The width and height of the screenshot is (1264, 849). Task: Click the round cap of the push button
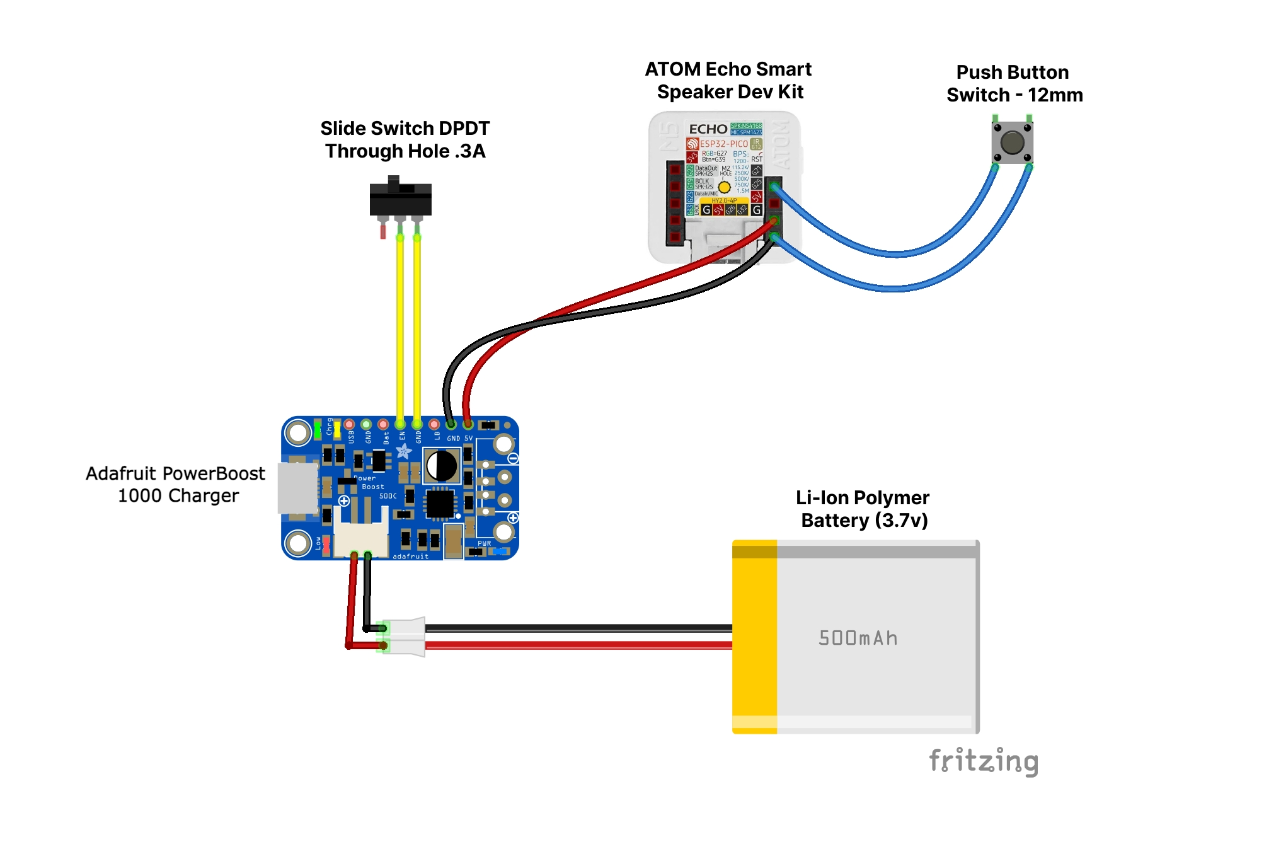(1012, 142)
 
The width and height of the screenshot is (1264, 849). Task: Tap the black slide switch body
(400, 200)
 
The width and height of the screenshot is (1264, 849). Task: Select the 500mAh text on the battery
(858, 638)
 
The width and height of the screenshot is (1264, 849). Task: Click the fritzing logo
(983, 761)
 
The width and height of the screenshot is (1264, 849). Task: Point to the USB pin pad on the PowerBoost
(349, 425)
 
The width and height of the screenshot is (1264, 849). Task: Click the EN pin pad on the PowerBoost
(400, 425)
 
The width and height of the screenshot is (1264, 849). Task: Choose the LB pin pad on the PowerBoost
(434, 425)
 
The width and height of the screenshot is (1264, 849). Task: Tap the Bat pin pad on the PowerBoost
(383, 425)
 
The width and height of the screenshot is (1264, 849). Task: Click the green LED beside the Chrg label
(318, 429)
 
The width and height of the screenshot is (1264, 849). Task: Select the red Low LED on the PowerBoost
(326, 544)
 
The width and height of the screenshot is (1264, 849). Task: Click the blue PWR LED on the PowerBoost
(499, 552)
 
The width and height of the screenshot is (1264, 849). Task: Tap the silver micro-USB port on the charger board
(297, 488)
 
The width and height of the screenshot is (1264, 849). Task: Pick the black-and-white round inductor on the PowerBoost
(442, 466)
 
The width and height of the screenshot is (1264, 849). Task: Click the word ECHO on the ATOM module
(708, 129)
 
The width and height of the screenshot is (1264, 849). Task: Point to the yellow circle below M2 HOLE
(725, 187)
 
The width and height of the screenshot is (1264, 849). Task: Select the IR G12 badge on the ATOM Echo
(756, 144)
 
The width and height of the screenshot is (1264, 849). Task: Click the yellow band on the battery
(754, 637)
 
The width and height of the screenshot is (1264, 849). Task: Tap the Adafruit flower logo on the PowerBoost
(404, 451)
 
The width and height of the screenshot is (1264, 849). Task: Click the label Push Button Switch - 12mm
(1014, 84)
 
